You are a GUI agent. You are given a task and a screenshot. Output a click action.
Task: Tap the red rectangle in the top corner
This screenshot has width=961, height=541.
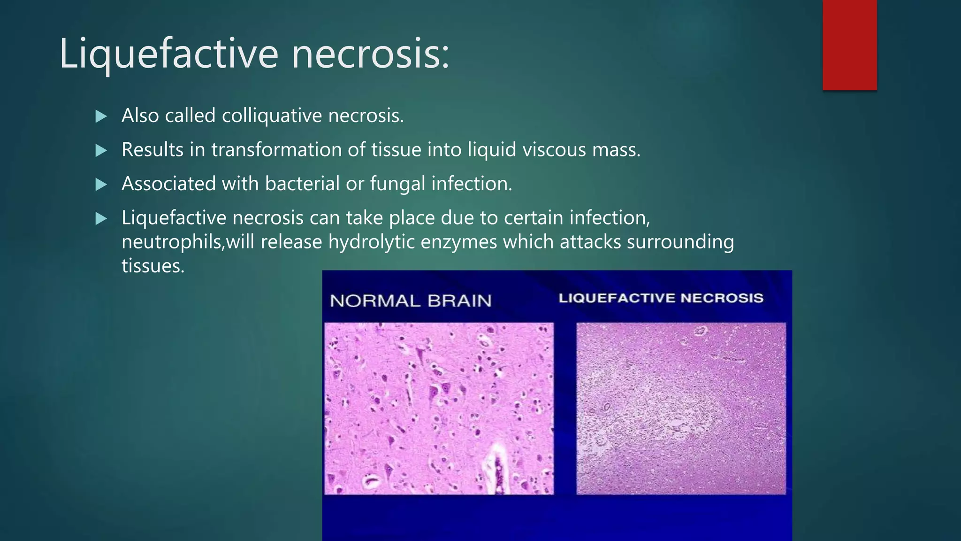click(849, 45)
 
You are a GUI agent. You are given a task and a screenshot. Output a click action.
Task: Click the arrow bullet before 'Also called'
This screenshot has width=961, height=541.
click(101, 116)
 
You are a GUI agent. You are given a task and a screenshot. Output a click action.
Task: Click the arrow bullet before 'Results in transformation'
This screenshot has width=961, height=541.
click(101, 151)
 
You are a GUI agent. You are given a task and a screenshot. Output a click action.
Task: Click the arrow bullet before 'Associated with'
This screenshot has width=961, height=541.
click(101, 185)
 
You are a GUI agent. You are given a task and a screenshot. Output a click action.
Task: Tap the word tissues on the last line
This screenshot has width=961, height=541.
click(153, 266)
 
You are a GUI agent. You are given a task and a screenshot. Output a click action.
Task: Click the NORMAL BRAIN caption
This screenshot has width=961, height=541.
click(411, 301)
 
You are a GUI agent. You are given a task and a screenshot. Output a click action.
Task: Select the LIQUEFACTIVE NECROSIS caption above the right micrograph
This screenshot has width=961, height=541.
click(661, 298)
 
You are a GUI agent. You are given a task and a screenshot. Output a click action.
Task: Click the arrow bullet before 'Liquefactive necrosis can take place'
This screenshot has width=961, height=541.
click(101, 218)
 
